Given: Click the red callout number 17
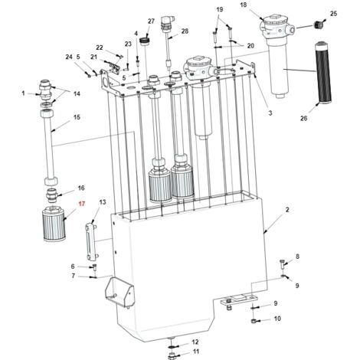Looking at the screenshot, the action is coord(82,204).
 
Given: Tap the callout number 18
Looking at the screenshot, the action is coord(244,5).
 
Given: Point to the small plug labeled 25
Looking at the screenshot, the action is coord(318,25).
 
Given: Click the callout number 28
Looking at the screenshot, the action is coord(185,31).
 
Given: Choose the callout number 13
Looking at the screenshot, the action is coord(103,202).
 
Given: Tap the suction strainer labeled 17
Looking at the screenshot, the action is coord(54,224).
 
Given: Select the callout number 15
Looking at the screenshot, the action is coord(77,117).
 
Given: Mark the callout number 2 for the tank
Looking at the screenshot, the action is coord(287,210).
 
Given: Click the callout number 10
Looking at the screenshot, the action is coord(277,319).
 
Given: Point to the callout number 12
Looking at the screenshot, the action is coord(195,342).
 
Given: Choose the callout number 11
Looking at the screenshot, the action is coord(196,352).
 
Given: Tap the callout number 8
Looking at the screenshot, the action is coord(297,257).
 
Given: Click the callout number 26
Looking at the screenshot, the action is coord(303,119).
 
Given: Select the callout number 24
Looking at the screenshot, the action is coord(69,57).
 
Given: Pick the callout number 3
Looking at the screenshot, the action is coord(270,113).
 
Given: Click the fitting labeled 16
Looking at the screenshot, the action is coord(52,195).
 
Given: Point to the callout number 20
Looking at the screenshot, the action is coord(250,46).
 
